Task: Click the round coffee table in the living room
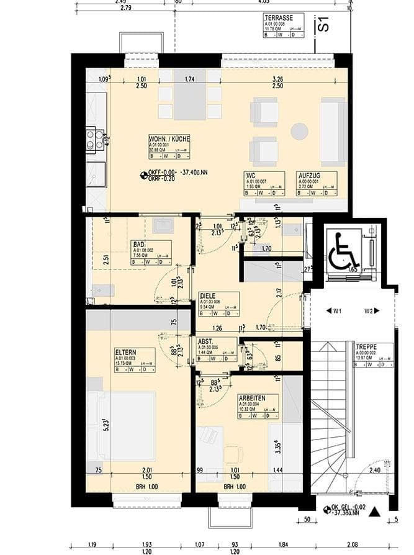point(300,132)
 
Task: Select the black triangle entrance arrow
point(374,513)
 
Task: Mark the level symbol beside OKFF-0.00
point(144,174)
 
